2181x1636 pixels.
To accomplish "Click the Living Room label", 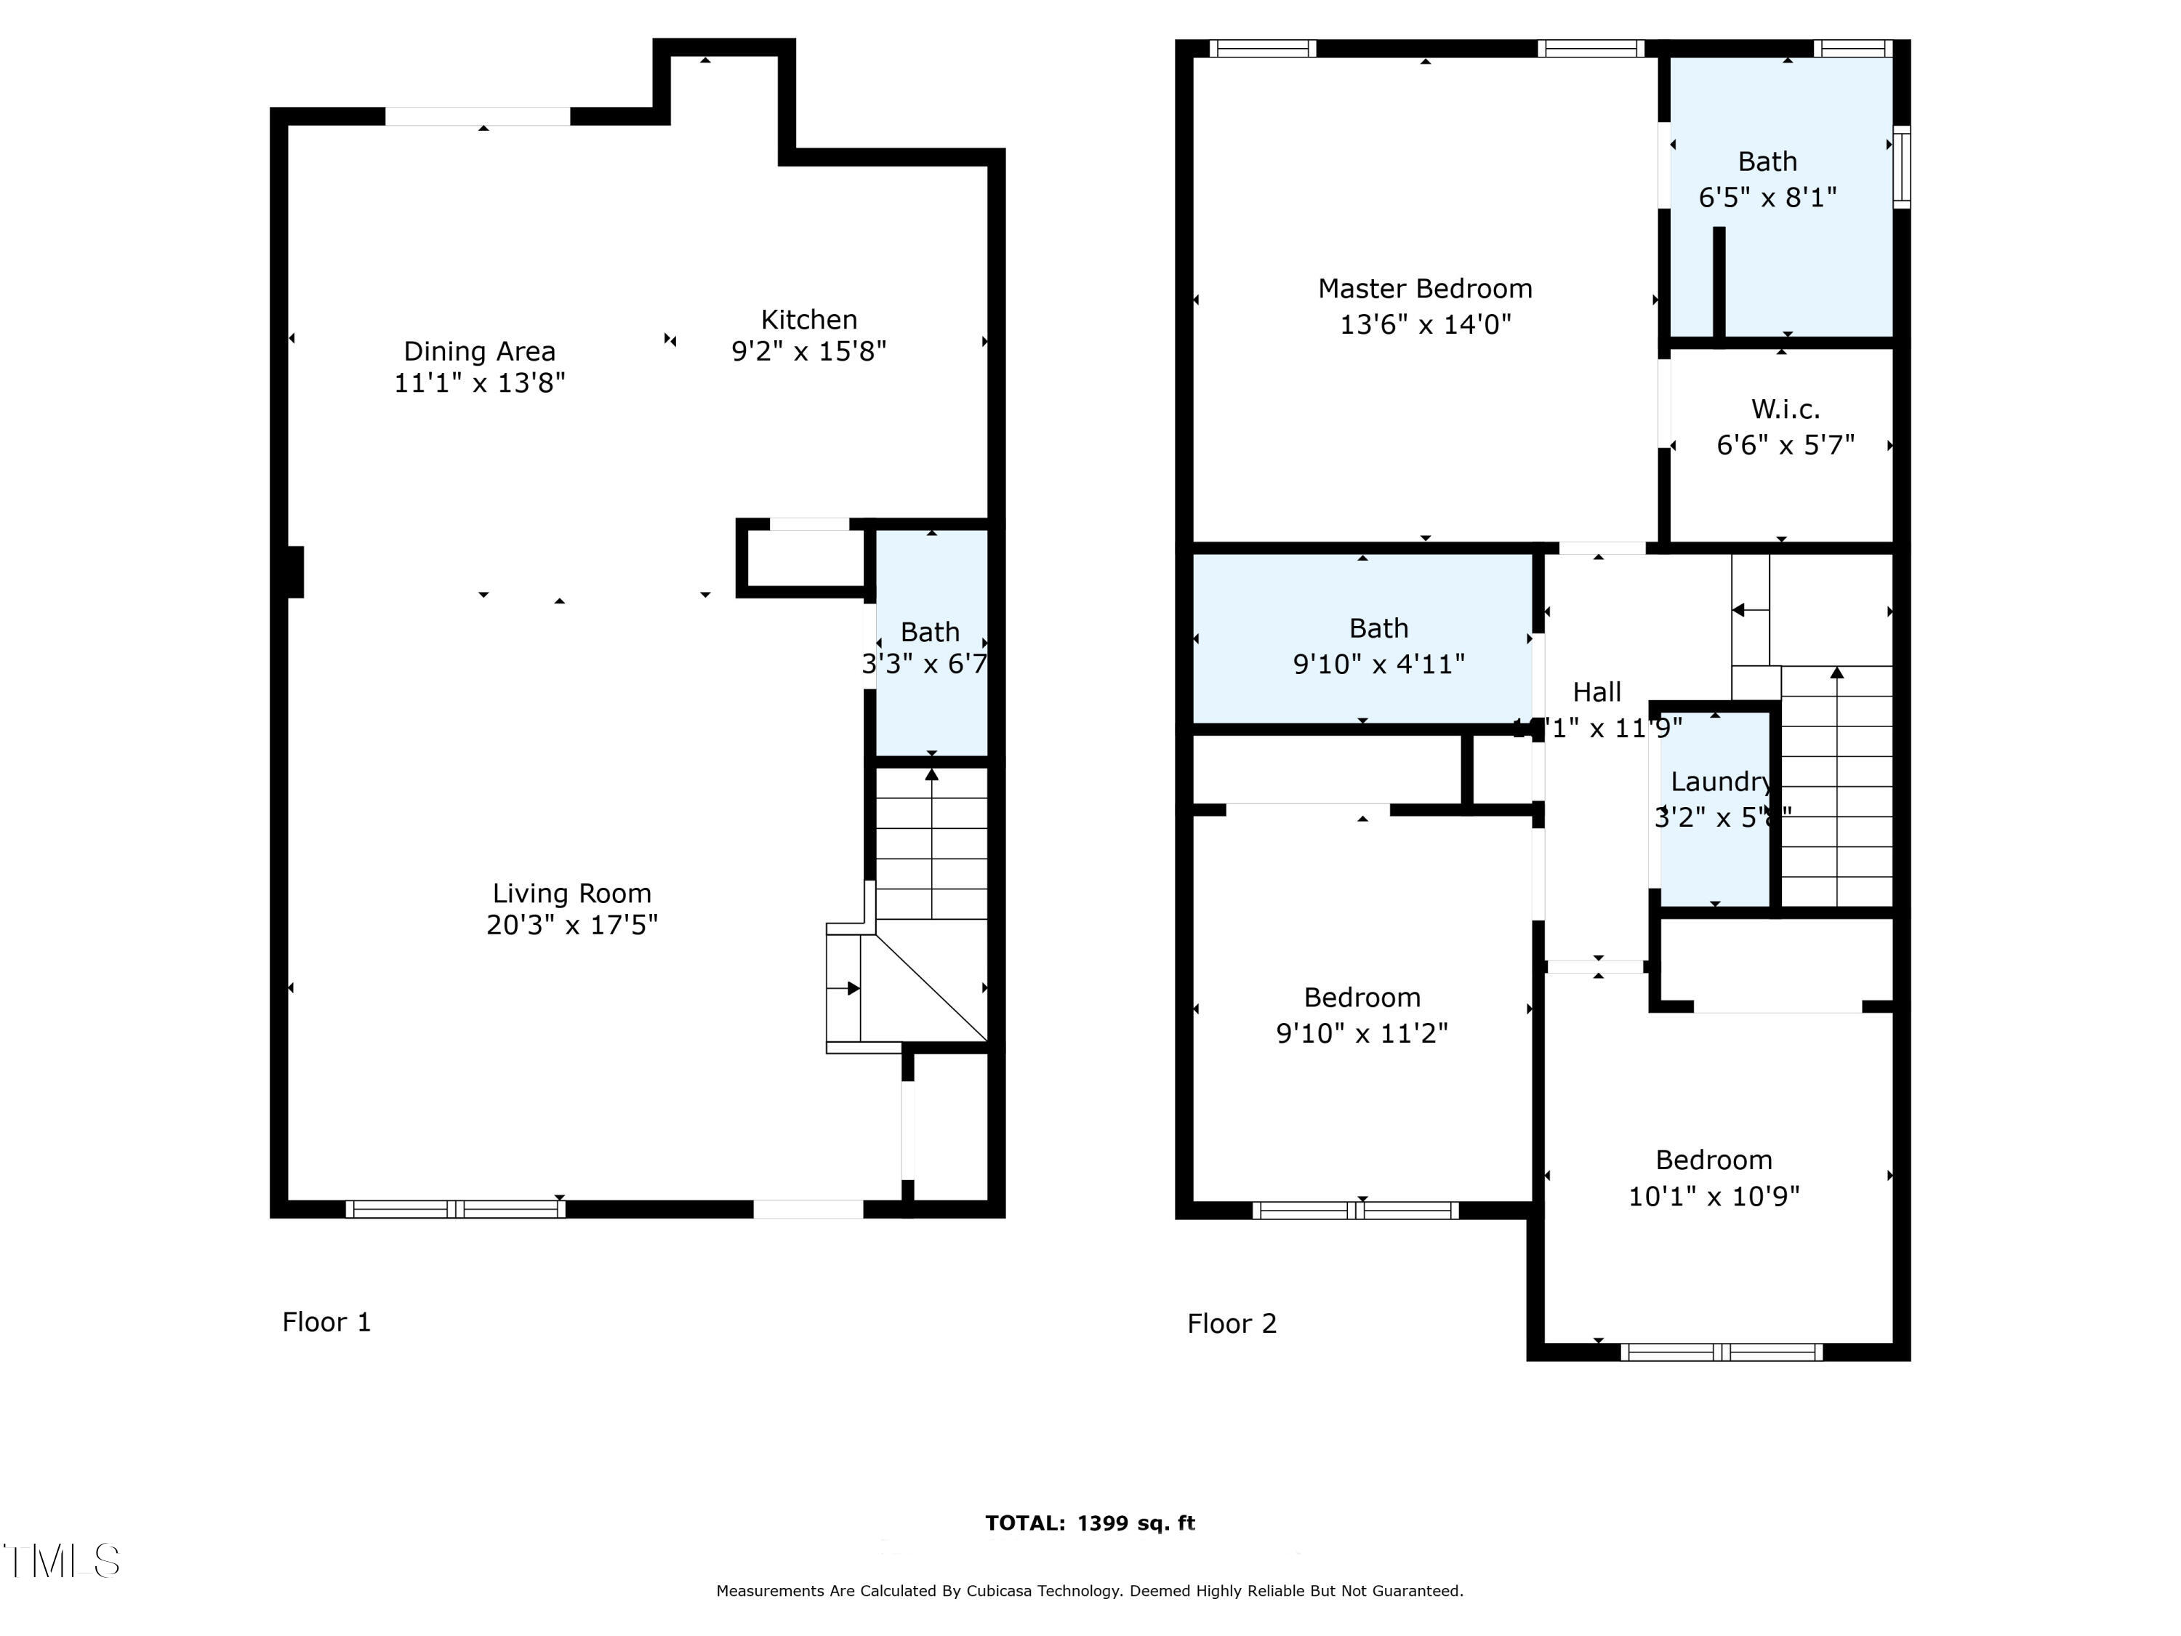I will coord(572,894).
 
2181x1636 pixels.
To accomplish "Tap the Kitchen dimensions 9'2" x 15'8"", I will coord(808,352).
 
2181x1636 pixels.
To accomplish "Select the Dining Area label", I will coord(479,351).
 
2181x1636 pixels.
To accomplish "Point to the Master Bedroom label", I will coord(1425,289).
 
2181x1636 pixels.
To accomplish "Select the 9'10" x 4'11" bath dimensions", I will coord(1378,665).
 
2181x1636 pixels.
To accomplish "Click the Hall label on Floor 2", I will coord(1596,692).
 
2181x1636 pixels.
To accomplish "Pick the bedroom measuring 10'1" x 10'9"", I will coord(1714,1179).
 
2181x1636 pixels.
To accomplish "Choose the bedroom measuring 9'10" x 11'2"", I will coord(1362,1016).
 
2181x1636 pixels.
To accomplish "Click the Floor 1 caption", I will coord(326,1323).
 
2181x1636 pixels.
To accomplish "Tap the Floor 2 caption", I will coord(1232,1323).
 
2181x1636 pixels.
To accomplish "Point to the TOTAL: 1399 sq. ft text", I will coord(1090,1523).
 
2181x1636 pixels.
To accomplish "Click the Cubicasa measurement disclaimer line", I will coord(1090,1591).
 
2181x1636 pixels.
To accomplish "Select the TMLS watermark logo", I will coord(61,1561).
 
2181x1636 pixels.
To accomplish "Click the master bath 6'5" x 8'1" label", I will coord(1767,197).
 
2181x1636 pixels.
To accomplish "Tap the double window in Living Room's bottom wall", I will coord(454,1209).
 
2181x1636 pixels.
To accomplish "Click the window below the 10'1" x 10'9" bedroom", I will coord(1722,1352).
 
